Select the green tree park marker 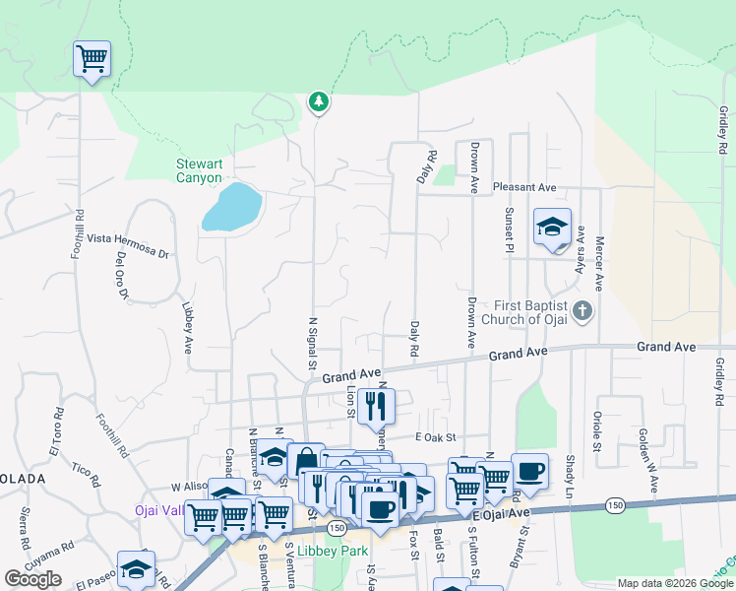click(318, 100)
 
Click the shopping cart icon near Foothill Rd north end click(92, 59)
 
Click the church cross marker click(583, 312)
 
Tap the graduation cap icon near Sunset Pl click(552, 227)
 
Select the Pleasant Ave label click(524, 187)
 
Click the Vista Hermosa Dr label click(128, 245)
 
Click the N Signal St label click(313, 341)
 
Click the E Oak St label click(437, 436)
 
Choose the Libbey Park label click(332, 551)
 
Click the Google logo click(32, 579)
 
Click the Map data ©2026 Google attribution click(673, 583)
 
